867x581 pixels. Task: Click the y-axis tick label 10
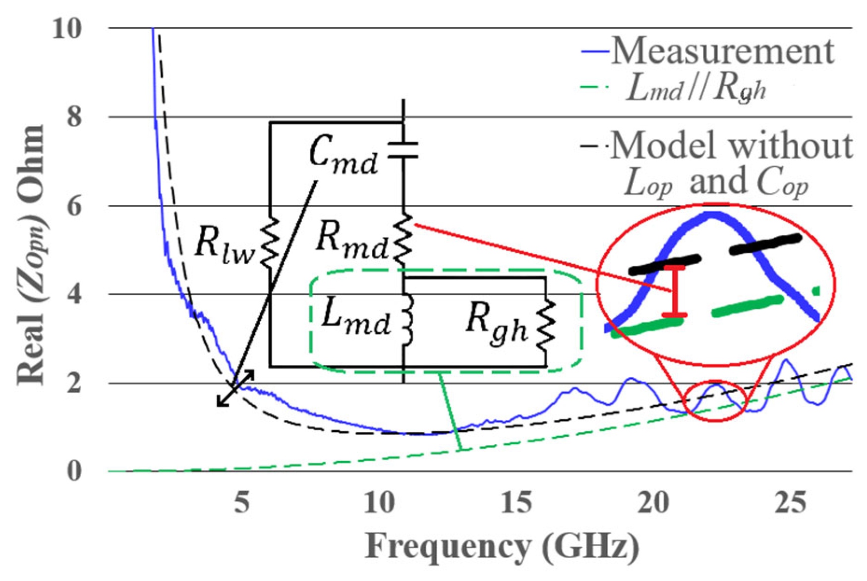coord(67,30)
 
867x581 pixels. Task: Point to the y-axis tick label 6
coord(74,206)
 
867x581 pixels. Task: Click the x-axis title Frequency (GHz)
coord(502,546)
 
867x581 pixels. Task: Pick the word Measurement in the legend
coord(722,51)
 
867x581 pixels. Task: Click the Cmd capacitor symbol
coord(403,150)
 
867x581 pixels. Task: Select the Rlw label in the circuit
coord(224,243)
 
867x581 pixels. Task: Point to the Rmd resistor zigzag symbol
coord(403,238)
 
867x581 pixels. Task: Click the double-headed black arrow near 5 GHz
coord(236,388)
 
